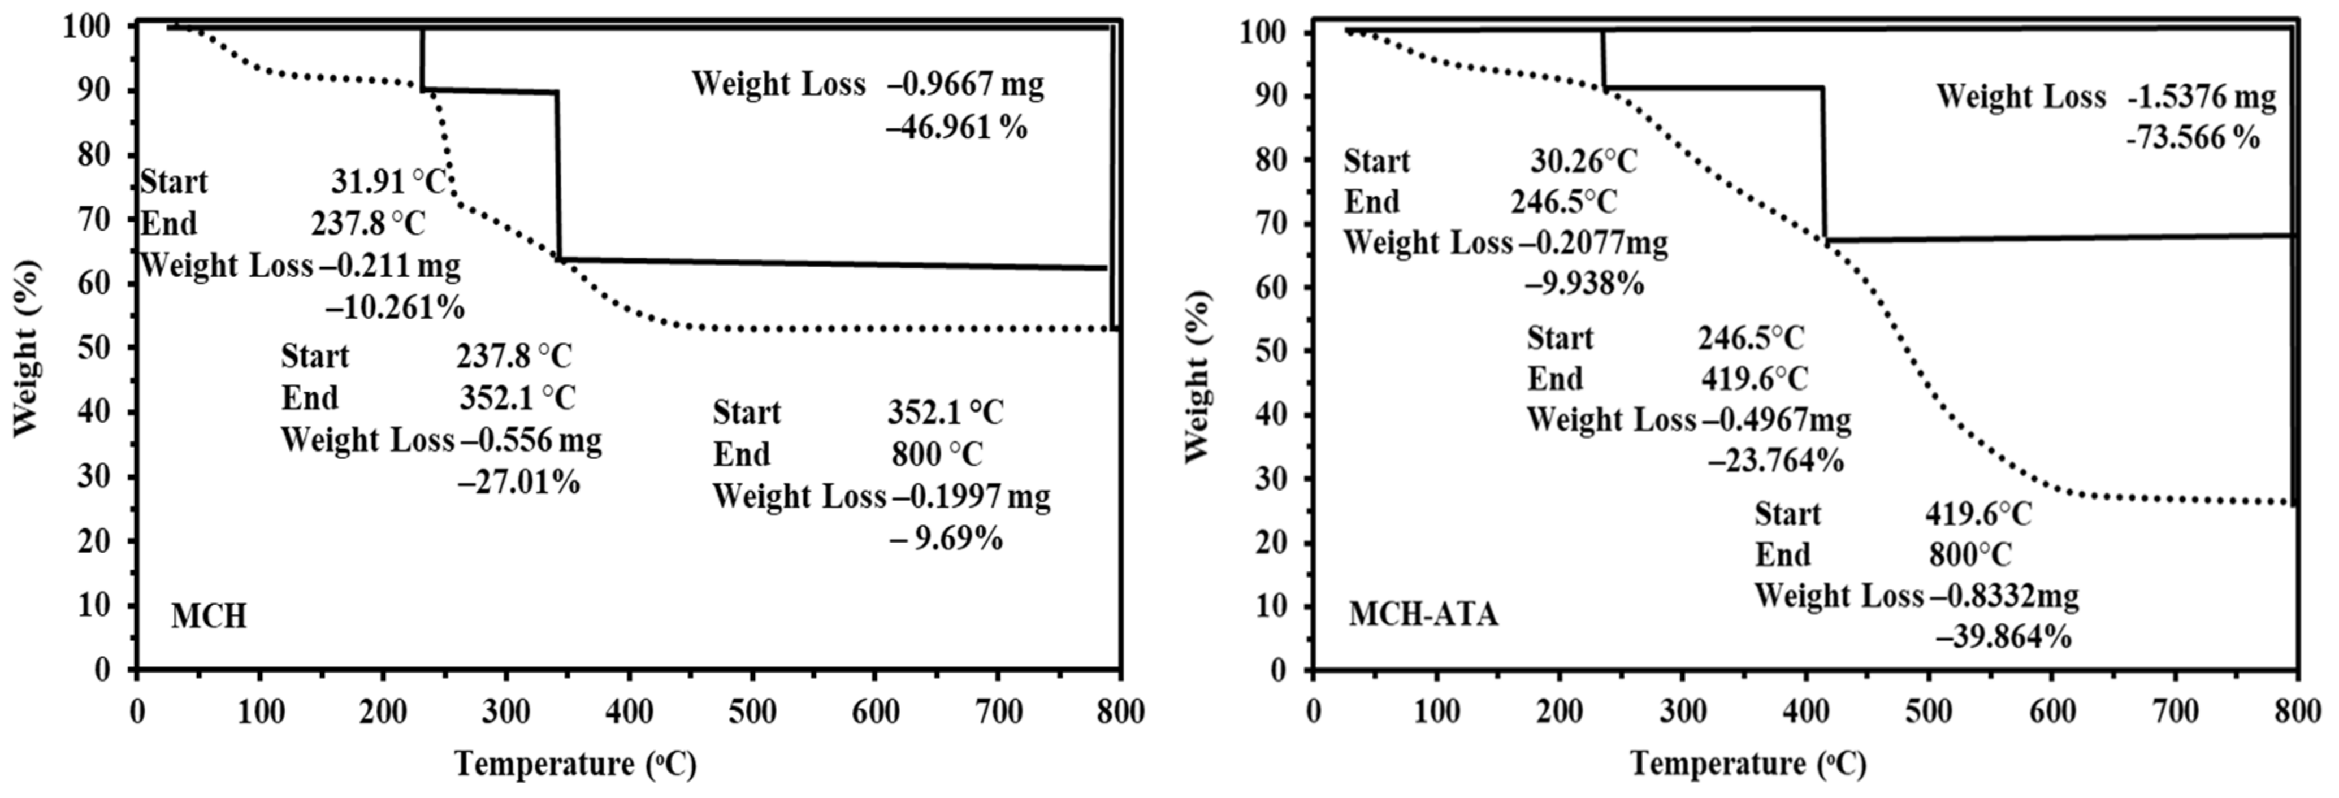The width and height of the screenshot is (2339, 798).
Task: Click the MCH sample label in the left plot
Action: (209, 617)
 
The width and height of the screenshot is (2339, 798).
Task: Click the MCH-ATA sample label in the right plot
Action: (1423, 615)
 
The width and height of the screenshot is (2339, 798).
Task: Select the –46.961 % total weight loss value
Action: (957, 128)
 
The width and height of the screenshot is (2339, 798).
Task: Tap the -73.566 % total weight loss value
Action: (2193, 138)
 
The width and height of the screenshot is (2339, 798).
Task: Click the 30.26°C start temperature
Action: (1584, 162)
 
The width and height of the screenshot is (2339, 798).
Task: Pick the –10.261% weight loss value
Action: (395, 309)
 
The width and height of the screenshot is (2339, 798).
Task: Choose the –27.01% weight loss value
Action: (518, 482)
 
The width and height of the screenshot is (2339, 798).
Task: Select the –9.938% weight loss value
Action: (1584, 284)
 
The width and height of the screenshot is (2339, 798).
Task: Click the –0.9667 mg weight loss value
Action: (966, 84)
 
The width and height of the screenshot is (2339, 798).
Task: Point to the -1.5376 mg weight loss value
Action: (2202, 97)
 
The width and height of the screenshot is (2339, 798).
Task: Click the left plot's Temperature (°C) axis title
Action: (575, 765)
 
